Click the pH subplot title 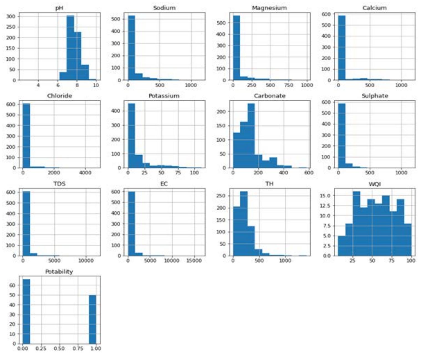click(59, 8)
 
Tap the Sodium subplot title click(164, 8)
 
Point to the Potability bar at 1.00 click(93, 319)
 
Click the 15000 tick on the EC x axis click(193, 261)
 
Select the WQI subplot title click(374, 184)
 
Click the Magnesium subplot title click(269, 8)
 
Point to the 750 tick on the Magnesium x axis click(289, 85)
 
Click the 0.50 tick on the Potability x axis click(59, 348)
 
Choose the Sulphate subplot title click(374, 96)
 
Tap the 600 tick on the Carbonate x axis click(308, 173)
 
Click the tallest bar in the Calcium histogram click(342, 48)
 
